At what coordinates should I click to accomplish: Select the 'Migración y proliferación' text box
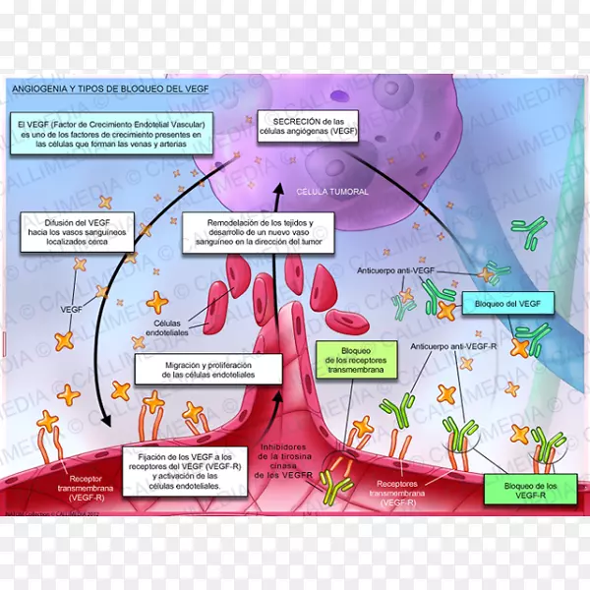(x=207, y=369)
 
